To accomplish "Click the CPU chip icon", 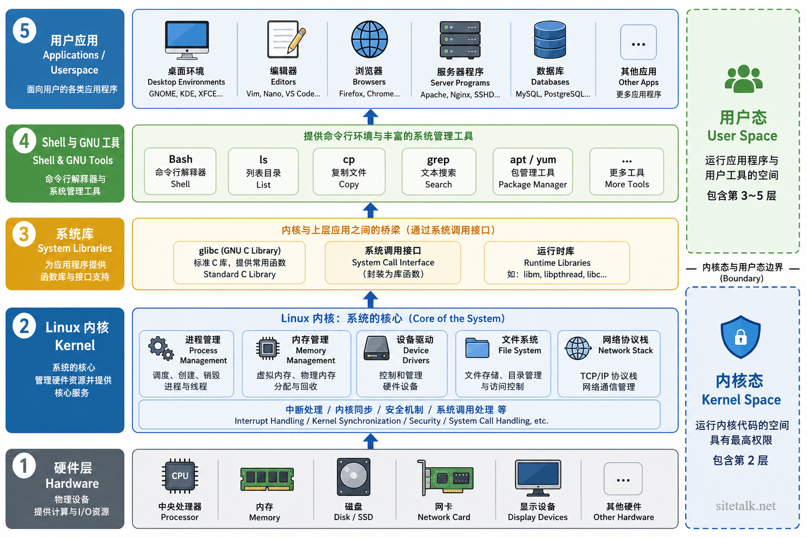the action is point(180,476).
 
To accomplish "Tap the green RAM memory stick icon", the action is point(267,479).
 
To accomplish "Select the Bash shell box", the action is point(180,171).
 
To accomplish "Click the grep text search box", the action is point(439,171).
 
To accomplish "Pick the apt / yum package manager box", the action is point(532,171).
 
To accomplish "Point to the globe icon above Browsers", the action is point(369,39).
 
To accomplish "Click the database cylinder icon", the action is point(550,39).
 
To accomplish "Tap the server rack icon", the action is point(460,39).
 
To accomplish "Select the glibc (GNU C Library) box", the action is point(240,262).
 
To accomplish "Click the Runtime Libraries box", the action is point(557,262).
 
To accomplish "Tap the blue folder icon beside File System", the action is point(477,348).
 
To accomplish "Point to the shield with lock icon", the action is point(741,337).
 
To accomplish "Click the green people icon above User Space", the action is point(743,79).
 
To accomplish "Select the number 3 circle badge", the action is point(24,234).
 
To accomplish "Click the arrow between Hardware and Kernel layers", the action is point(370,441).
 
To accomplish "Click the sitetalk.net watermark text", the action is point(746,506).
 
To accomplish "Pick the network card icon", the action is point(446,478).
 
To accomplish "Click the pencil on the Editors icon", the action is point(297,40).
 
